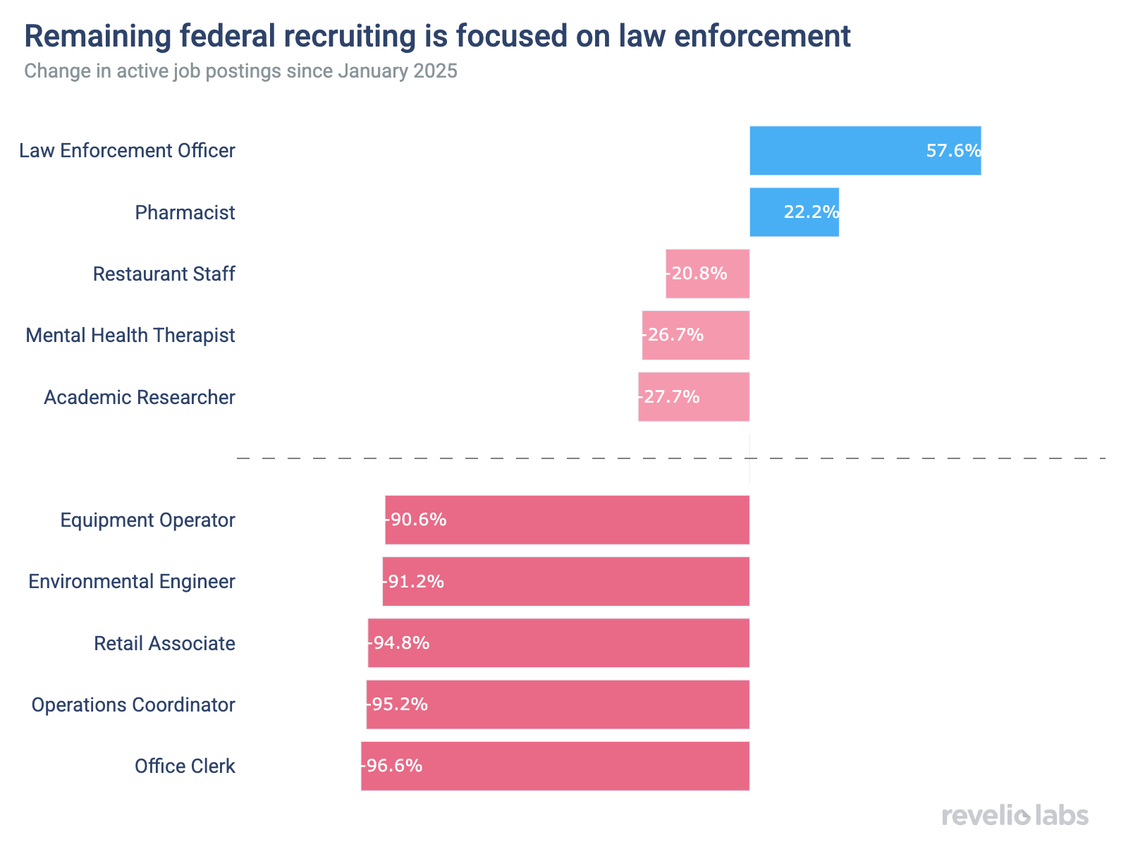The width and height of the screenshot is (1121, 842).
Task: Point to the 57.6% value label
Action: click(x=953, y=151)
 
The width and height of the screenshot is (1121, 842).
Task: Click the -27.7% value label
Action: click(x=670, y=397)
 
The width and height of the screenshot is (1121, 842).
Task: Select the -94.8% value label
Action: click(x=399, y=643)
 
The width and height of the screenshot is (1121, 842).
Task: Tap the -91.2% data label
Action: click(x=414, y=582)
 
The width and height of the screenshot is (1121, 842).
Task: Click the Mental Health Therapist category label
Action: click(x=130, y=336)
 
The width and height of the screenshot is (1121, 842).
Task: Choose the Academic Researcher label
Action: click(x=140, y=398)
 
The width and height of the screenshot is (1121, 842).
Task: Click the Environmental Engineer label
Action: click(x=132, y=582)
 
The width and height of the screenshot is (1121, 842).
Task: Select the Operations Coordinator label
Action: click(x=133, y=705)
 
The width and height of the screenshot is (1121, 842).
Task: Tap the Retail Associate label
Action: click(x=164, y=643)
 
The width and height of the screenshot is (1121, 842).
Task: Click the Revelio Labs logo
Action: click(x=1015, y=816)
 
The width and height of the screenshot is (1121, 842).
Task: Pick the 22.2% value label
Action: click(x=811, y=212)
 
